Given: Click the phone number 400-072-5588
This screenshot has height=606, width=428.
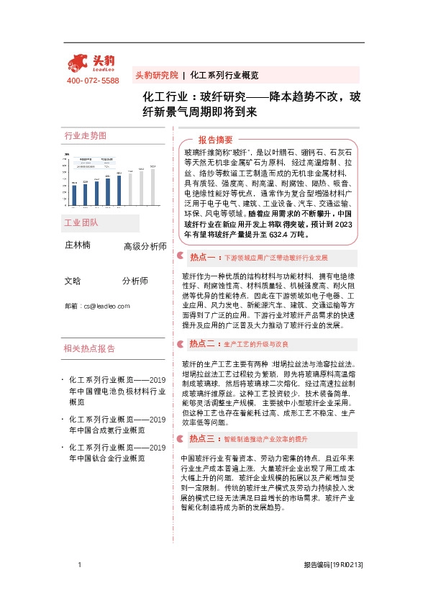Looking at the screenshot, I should tap(92, 81).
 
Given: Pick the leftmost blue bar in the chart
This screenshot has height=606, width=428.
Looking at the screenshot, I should tap(73, 195).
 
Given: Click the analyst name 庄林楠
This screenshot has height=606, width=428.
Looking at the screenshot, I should tap(78, 245).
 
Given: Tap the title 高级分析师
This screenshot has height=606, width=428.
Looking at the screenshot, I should tap(145, 246).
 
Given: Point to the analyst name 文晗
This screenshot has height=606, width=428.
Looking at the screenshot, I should tap(73, 281).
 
